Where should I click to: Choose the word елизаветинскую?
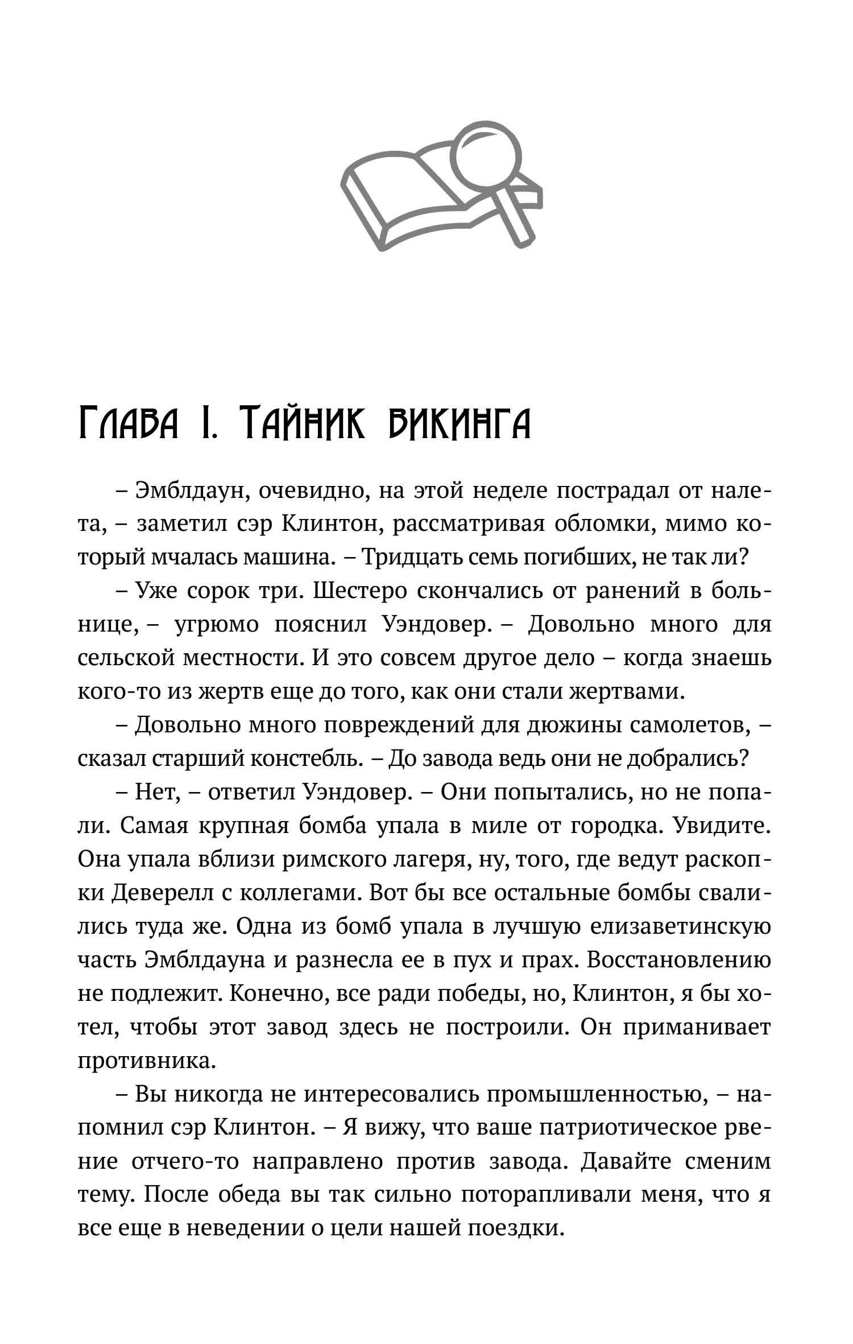(680, 928)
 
